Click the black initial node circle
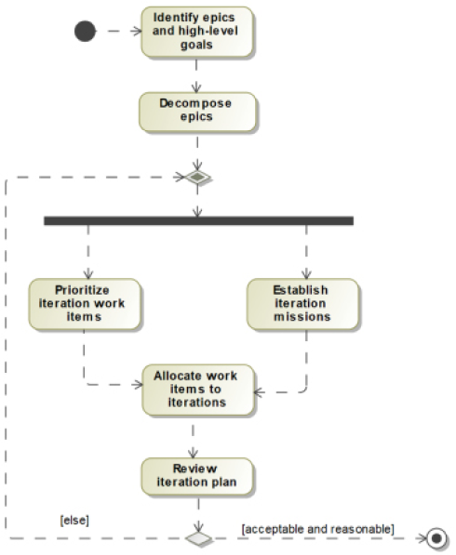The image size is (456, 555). [x=85, y=32]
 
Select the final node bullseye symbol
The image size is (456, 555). [x=436, y=538]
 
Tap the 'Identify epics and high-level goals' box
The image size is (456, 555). [x=197, y=32]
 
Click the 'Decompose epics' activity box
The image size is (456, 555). [x=197, y=112]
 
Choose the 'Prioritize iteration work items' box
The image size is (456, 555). [x=85, y=304]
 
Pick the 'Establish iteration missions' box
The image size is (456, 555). [x=302, y=304]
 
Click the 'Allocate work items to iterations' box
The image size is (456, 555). [x=197, y=390]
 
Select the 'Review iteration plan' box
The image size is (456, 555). [x=197, y=476]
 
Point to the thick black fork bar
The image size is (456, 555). [x=198, y=221]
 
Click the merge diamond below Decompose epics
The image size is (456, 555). [x=197, y=177]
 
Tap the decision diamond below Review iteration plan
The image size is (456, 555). [x=199, y=538]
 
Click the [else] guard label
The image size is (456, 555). [x=74, y=521]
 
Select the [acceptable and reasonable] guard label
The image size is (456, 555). [x=318, y=529]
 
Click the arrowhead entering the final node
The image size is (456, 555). [x=422, y=538]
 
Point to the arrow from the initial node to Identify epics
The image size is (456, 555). [x=119, y=32]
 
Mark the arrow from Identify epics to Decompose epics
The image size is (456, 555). [x=196, y=75]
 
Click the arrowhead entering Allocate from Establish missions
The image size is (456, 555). [x=259, y=392]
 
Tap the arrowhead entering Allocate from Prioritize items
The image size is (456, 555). [x=138, y=384]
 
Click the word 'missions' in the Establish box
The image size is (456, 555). [x=302, y=316]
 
